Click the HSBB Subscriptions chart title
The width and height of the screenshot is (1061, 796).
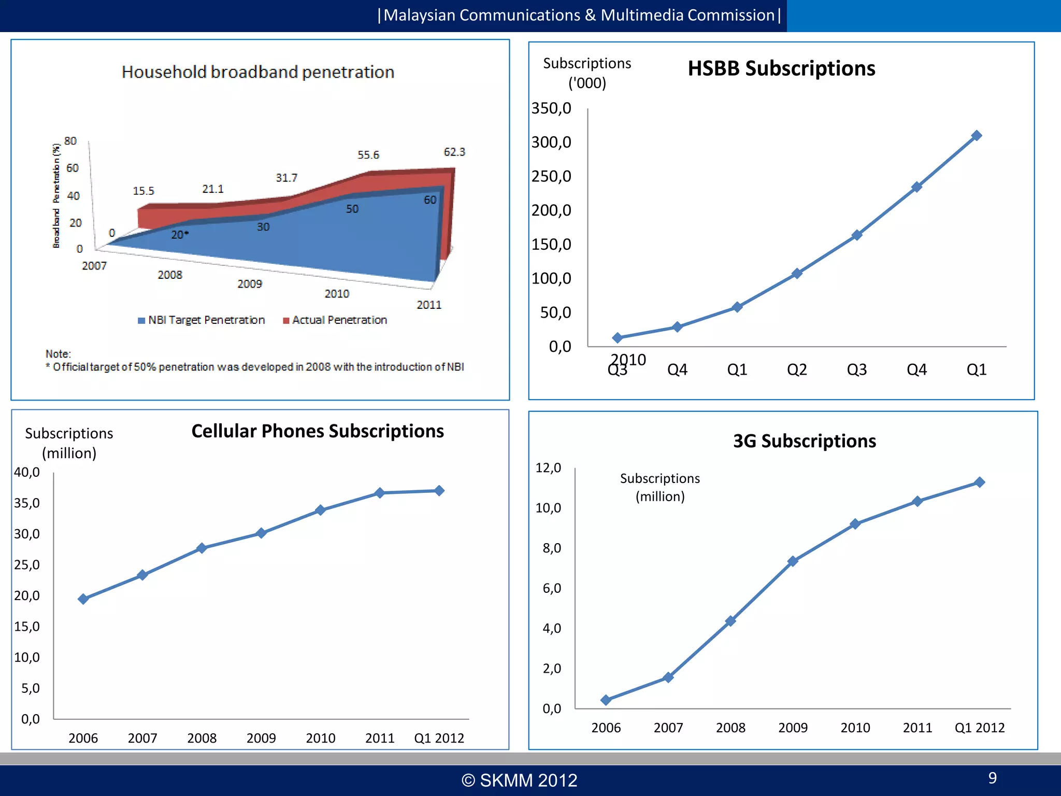[781, 68]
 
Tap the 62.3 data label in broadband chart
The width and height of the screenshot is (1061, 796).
[454, 152]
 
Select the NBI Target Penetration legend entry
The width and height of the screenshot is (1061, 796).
[202, 320]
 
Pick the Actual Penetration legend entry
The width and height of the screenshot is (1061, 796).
[335, 320]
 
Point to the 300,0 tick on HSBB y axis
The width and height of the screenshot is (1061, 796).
[551, 142]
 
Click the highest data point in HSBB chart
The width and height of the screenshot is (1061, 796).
[976, 136]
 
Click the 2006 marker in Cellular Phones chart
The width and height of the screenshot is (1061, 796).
[83, 599]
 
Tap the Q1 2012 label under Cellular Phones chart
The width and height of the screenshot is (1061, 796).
[439, 738]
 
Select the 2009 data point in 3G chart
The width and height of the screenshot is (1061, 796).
[793, 561]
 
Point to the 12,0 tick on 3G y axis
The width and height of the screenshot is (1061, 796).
[548, 468]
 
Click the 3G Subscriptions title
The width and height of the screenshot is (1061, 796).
[804, 441]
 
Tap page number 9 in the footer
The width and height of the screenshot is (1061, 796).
[992, 778]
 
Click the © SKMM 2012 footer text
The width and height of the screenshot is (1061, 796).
[519, 780]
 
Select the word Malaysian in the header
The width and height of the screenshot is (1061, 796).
[419, 16]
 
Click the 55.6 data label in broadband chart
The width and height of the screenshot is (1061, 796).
[368, 155]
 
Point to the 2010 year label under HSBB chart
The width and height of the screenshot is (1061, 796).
[628, 359]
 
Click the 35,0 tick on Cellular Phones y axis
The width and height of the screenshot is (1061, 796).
[27, 503]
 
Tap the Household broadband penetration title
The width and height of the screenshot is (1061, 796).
[258, 72]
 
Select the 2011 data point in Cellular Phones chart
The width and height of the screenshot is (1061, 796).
[380, 493]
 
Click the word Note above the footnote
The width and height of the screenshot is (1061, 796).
[58, 354]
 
